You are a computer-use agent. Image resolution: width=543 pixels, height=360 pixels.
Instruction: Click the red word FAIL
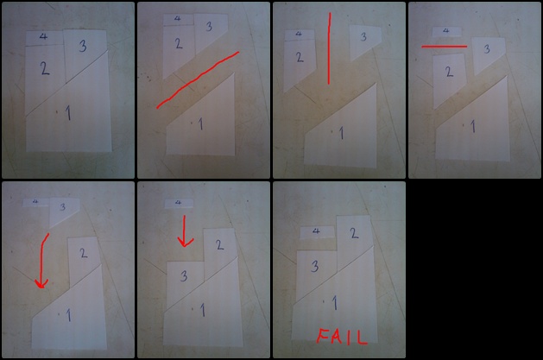[342, 337]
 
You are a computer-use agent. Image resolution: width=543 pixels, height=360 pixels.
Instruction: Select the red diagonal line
[198, 80]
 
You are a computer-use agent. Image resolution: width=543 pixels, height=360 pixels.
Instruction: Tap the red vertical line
[329, 48]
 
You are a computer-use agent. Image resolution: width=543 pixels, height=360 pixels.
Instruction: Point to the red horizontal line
[445, 47]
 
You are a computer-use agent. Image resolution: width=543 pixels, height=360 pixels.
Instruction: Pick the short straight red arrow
[185, 231]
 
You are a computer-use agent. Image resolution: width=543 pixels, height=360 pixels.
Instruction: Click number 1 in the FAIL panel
[335, 303]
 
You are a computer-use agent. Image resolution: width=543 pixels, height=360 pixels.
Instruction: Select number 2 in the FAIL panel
[354, 233]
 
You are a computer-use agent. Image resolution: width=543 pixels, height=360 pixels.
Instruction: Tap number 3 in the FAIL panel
[315, 266]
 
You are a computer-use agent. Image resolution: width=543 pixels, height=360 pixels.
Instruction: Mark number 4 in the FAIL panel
[316, 231]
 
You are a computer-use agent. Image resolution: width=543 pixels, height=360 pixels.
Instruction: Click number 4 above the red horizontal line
[446, 31]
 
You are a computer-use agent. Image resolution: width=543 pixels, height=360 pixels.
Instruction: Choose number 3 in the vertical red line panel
[363, 37]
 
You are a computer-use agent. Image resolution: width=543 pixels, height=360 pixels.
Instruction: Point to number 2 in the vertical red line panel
[300, 57]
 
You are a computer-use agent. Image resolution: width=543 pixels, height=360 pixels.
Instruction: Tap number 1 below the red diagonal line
[200, 124]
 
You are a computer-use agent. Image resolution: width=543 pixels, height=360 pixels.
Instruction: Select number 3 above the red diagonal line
[209, 26]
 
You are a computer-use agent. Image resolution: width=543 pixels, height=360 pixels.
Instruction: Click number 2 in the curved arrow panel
[84, 253]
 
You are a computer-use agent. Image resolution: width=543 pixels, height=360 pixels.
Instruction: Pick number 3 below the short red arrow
[184, 276]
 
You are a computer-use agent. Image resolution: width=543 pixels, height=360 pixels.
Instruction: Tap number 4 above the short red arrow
[178, 203]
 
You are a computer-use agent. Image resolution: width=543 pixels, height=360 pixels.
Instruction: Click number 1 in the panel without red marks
[68, 113]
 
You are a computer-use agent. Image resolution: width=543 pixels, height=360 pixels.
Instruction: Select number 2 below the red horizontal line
[449, 72]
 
